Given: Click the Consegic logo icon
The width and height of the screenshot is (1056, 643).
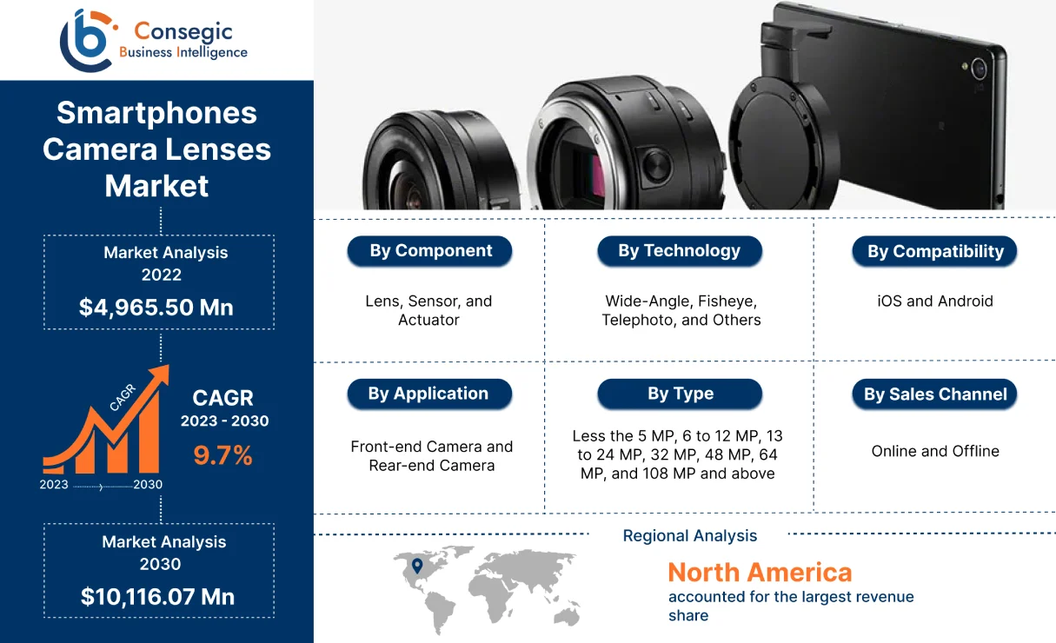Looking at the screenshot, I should coord(87,39).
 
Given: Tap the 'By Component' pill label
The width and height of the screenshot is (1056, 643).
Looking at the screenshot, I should coord(430,251).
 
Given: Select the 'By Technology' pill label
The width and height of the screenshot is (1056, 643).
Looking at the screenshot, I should coord(680,251).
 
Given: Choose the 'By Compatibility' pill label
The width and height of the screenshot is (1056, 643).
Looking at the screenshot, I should coord(935,252).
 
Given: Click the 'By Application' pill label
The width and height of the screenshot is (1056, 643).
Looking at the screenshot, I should coord(429,394).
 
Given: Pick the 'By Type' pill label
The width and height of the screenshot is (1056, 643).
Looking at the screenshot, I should coord(680,394).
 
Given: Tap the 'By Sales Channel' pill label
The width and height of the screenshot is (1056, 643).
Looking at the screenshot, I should coord(935,394).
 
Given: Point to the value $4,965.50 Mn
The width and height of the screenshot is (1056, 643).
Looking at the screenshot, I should coord(156,307).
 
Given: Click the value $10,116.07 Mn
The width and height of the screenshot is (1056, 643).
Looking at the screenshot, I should coord(157,597).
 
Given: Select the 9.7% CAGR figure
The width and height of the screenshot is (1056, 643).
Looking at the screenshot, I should coord(223,455).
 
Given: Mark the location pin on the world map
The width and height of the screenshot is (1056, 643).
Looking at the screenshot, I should coord(416,567).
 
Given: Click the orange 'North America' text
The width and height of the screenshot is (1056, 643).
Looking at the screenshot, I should coord(760,573).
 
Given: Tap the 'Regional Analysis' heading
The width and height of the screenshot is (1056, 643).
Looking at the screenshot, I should coord(690,536).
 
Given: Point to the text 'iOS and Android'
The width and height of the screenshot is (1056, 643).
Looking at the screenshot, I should coord(935,302).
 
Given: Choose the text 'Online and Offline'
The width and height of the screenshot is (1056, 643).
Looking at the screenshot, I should coord(935,451).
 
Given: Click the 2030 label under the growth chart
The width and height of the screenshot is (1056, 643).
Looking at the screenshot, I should coord(148,485).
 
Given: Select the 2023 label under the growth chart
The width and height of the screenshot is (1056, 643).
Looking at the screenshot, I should coord(54,485).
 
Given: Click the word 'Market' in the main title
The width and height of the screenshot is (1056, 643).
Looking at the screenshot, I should coord(157,185).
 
